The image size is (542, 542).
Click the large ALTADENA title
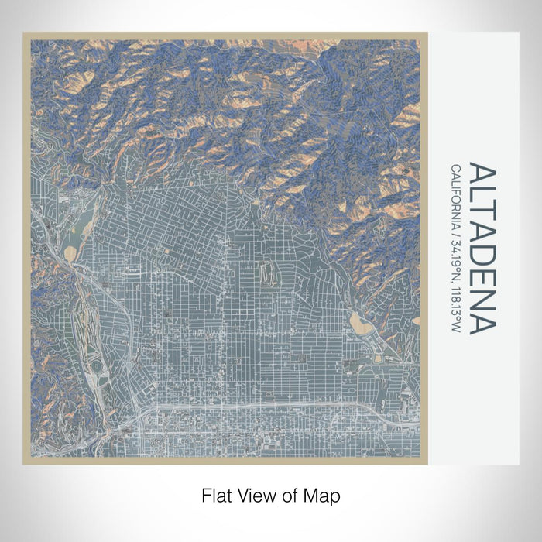click(482, 249)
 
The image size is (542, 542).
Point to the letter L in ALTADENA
click(482, 194)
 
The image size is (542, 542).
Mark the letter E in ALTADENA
click(482, 271)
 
